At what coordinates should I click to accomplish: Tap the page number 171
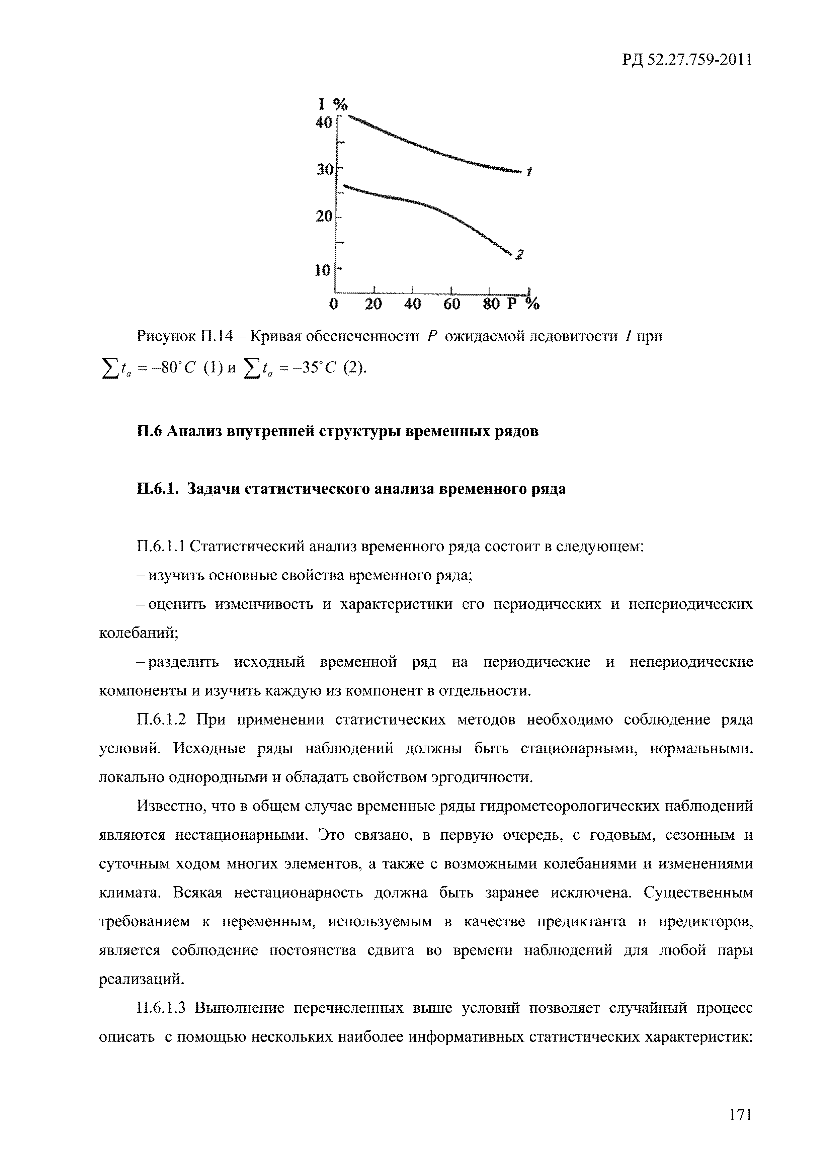740,1114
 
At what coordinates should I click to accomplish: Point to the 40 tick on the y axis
324,123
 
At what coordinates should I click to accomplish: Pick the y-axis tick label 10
323,270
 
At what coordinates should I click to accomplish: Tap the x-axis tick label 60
451,304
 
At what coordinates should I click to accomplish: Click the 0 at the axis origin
334,304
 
